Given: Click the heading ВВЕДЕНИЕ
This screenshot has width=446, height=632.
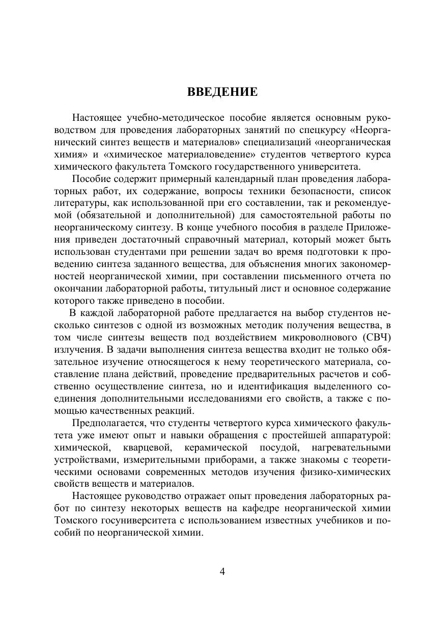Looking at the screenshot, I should coord(222,92).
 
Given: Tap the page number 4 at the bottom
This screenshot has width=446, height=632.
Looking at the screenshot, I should coord(222,571).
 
